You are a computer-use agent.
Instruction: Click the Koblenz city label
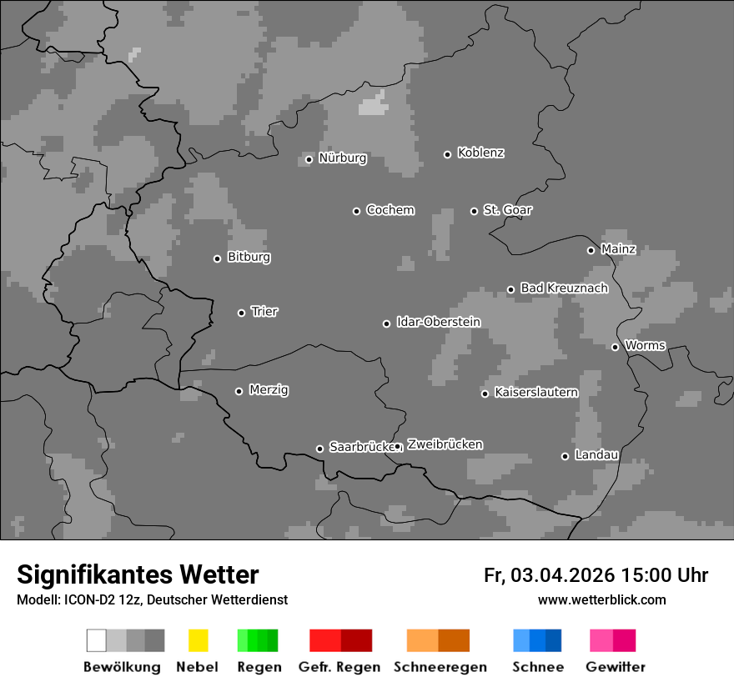pos(480,153)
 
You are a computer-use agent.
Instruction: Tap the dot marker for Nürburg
pos(309,159)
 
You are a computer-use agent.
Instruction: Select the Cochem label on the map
pos(390,210)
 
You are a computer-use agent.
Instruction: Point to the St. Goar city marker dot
pos(474,211)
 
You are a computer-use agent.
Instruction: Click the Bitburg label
pos(249,258)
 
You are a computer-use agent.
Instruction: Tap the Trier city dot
pos(241,313)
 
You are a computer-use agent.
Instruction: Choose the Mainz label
pos(618,249)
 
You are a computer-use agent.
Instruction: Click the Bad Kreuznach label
pos(564,288)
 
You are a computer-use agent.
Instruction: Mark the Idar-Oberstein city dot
pos(386,323)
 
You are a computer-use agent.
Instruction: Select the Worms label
pos(645,345)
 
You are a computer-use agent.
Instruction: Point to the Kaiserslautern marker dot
pos(485,394)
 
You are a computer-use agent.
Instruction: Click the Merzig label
pos(269,390)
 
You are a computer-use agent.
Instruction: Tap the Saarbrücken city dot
pos(319,449)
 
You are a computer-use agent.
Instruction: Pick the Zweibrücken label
pos(445,444)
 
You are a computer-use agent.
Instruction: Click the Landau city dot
pos(565,456)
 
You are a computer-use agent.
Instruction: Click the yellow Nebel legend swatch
pos(198,640)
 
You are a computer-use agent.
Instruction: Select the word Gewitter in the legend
pos(615,667)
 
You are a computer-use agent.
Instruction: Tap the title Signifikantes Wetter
pos(138,574)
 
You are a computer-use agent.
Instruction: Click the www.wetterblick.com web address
pos(601,599)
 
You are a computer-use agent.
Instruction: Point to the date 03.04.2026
pos(562,575)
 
